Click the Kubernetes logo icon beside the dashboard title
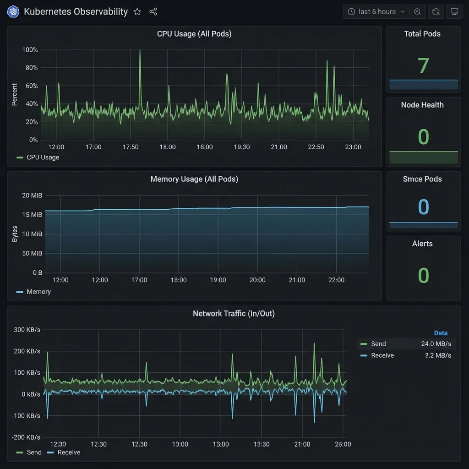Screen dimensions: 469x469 13,12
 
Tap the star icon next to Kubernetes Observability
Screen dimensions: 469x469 137,12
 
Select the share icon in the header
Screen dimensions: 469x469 153,12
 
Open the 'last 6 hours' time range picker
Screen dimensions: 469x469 376,12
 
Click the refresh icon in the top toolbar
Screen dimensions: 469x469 436,12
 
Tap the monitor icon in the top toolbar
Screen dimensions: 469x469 454,12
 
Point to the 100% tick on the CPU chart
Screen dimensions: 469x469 30,50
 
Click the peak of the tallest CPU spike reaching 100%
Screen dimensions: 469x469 140,51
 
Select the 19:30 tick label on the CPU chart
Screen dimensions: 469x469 242,147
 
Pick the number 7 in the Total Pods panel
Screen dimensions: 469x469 423,66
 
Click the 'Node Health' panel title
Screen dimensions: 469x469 422,105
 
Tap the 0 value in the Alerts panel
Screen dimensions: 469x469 423,275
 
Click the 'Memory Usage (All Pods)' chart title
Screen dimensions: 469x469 194,179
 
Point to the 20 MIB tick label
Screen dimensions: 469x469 32,196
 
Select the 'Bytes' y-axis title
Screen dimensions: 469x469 15,234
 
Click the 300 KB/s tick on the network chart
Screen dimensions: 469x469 27,330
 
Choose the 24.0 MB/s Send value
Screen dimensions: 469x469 436,344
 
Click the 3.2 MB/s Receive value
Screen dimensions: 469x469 438,355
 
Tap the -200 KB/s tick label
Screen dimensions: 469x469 26,437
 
